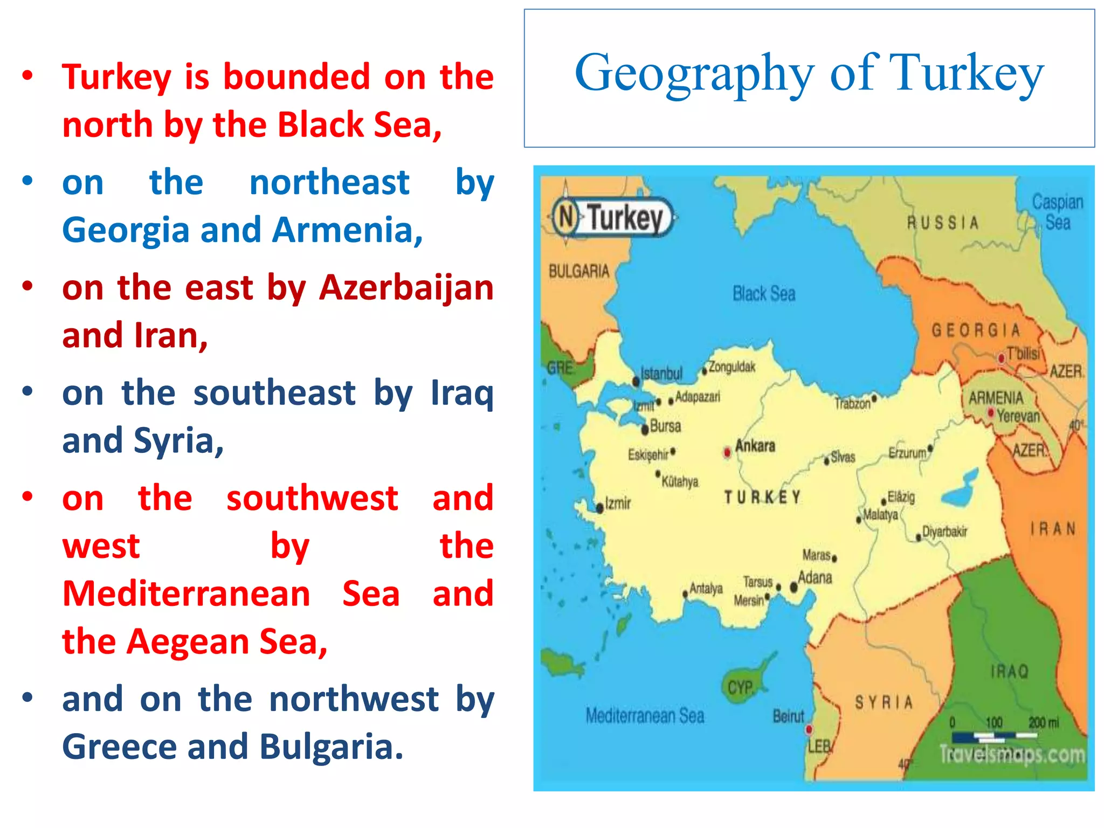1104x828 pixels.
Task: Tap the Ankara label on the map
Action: tap(755, 446)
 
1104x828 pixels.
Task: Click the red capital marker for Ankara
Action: tap(727, 452)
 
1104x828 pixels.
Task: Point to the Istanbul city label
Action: tap(661, 373)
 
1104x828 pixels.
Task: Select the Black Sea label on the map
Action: tap(764, 294)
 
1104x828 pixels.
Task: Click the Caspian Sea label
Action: tap(1058, 212)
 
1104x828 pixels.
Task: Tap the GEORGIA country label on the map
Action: tap(976, 330)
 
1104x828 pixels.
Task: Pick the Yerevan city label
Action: tap(1018, 416)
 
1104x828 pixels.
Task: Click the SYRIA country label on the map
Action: tap(884, 702)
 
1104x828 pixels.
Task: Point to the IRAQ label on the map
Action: tap(1010, 671)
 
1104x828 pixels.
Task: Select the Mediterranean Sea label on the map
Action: tap(645, 716)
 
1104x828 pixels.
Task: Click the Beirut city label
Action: tap(788, 716)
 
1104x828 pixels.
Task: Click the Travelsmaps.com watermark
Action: tap(1012, 754)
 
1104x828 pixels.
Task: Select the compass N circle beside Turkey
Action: tap(566, 217)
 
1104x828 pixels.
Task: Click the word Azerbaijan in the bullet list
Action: tap(406, 288)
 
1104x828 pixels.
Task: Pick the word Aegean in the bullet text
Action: tap(188, 641)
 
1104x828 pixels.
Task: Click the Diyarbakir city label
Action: tap(944, 532)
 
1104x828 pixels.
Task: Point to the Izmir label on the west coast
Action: tap(618, 503)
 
